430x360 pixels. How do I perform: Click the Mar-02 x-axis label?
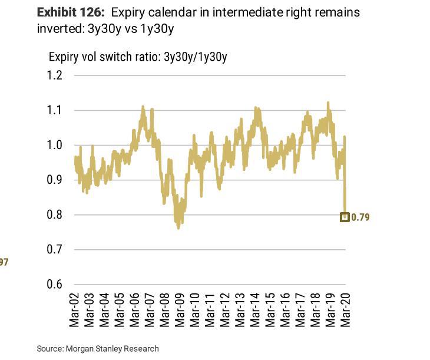[x=75, y=310]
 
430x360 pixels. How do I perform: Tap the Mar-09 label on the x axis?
[x=180, y=310]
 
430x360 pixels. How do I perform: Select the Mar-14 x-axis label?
[x=256, y=310]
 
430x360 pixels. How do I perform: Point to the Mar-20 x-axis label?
[x=346, y=310]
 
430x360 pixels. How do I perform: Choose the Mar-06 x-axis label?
[x=135, y=310]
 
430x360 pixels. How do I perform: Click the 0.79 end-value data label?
[x=360, y=217]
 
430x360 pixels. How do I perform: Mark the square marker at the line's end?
[x=345, y=217]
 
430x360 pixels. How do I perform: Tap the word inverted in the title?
[x=56, y=29]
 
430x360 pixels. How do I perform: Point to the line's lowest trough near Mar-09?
[x=178, y=227]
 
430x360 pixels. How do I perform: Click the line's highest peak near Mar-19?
[x=328, y=103]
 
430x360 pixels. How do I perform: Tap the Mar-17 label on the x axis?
[x=300, y=310]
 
